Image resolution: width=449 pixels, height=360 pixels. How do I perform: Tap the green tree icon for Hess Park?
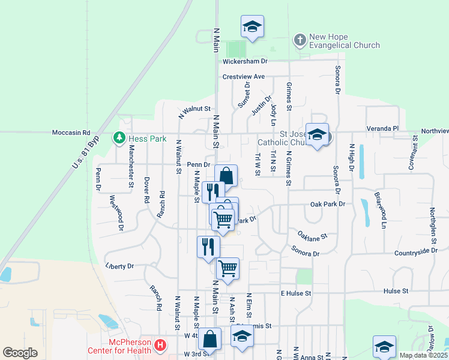coord(119,139)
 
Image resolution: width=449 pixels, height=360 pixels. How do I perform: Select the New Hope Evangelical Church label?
coord(344,41)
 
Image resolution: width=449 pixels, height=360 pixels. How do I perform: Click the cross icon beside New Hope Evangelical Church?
coord(299,41)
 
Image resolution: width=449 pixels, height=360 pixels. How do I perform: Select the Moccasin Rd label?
coord(71,132)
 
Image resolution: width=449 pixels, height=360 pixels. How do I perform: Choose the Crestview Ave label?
coord(243,77)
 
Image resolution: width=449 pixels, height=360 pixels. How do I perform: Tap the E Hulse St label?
coord(296,293)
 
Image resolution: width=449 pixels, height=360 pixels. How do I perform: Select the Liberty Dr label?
coord(119,265)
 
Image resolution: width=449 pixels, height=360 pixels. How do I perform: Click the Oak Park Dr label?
coord(328,204)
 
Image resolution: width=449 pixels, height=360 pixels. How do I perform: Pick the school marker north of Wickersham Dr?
coord(253,27)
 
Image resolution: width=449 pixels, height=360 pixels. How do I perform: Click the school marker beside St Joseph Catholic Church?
coord(317,134)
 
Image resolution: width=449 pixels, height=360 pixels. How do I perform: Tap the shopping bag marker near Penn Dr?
coord(226,176)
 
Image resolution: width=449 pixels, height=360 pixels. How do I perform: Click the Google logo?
coord(20,353)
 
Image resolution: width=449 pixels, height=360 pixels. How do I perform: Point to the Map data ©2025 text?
coord(423,355)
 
